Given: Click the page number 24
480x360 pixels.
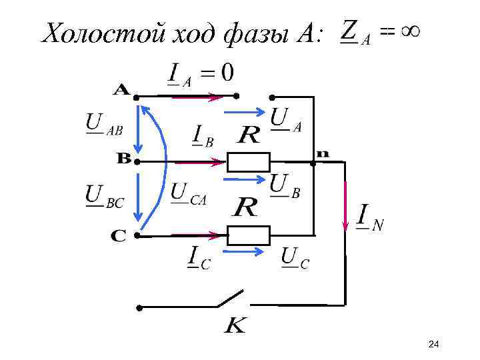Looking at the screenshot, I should [x=433, y=344].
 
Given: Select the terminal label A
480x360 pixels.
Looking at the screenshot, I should [x=121, y=89].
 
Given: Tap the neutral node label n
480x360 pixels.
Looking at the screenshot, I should [x=322, y=153].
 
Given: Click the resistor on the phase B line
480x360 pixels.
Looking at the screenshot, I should [x=249, y=161].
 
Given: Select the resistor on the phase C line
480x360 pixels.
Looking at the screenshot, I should [x=249, y=235].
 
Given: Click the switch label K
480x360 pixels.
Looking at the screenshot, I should [x=235, y=327].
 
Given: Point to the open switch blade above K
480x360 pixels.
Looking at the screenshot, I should [x=231, y=299].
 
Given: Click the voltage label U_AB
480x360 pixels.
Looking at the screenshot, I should [x=103, y=125].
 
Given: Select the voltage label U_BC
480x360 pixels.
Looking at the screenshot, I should [x=104, y=197].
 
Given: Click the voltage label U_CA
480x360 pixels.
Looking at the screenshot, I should [x=189, y=194].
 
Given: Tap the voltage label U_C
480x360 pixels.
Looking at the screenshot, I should [x=294, y=258].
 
